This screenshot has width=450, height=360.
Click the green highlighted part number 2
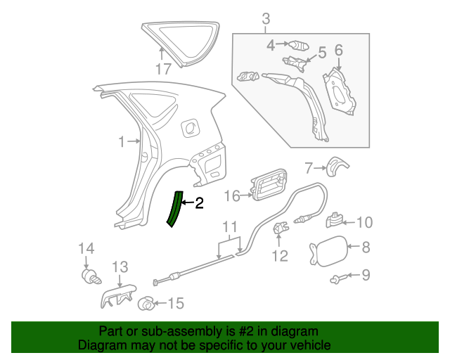click(173, 209)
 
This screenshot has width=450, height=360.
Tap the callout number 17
click(163, 69)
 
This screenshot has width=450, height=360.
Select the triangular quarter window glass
click(179, 42)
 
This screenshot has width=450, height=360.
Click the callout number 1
click(121, 142)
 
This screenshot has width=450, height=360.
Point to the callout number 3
click(266, 20)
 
